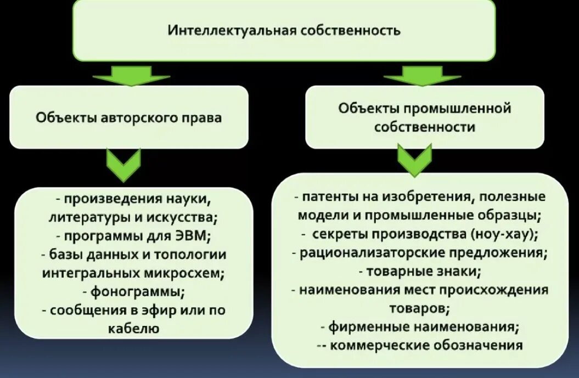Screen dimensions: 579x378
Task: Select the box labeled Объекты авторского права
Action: tap(129, 117)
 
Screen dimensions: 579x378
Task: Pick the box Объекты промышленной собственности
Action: tap(424, 117)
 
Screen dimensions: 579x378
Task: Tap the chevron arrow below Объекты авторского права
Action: tap(123, 165)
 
